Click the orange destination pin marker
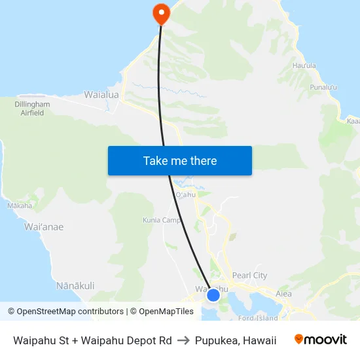160,12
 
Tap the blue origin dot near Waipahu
213,295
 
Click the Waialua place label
101,95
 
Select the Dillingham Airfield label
32,109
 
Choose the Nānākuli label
75,285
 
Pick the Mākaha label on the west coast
19,206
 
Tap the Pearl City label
249,276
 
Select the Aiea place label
283,294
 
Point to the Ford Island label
259,318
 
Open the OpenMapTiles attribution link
162,312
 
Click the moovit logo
321,340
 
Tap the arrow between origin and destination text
183,340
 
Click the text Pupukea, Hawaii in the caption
235,340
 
